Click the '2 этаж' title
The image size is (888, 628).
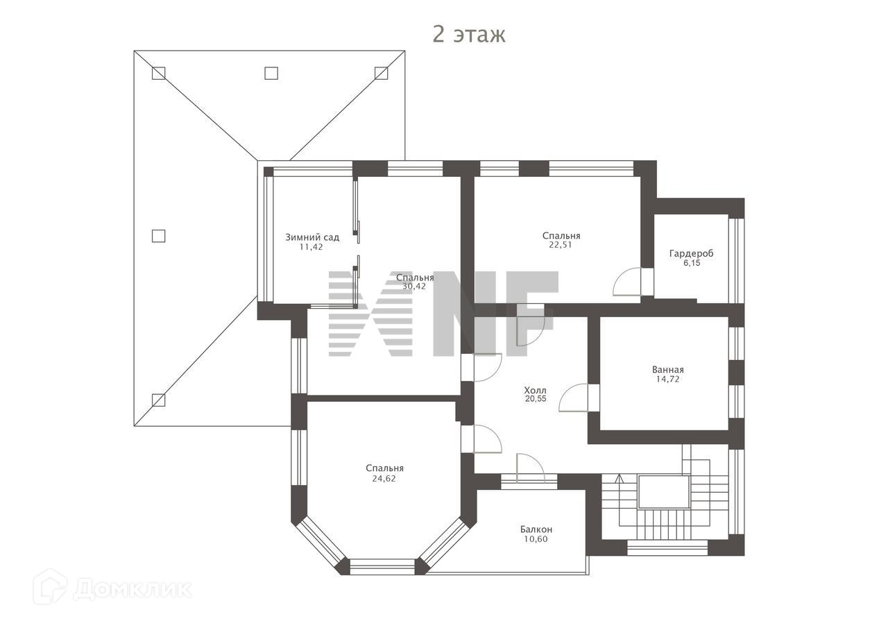click(x=468, y=35)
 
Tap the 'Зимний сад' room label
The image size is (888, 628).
click(x=312, y=237)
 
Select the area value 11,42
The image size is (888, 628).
click(x=311, y=247)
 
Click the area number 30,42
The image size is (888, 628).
click(x=414, y=287)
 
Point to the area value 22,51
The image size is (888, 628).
click(x=561, y=245)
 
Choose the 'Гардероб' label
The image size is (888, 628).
click(x=692, y=254)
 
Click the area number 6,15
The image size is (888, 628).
click(x=692, y=263)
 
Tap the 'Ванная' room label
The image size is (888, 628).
click(x=668, y=370)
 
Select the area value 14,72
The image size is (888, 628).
click(x=668, y=379)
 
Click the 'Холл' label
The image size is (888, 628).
click(x=535, y=390)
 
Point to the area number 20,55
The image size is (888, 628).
click(x=536, y=399)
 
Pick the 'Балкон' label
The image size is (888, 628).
click(x=536, y=529)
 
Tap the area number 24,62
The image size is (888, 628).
click(x=384, y=479)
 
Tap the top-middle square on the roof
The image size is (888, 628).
click(x=271, y=73)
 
